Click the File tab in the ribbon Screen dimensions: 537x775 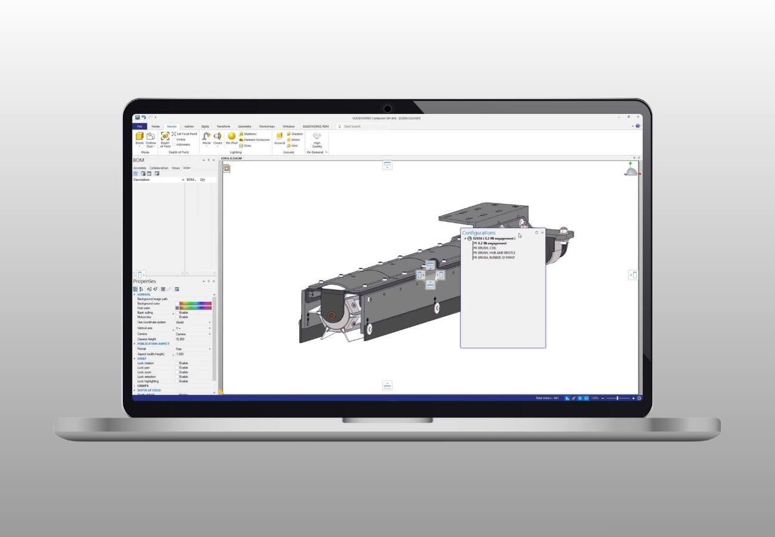coord(139,126)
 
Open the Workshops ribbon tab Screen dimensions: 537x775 coord(266,126)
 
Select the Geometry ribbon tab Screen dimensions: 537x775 coord(244,126)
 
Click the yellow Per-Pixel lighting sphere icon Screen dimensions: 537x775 coord(231,137)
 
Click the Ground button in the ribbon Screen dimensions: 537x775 coord(279,138)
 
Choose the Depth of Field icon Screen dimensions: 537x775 coord(165,138)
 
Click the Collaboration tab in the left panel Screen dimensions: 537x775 coord(159,168)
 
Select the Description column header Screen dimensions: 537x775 coord(142,180)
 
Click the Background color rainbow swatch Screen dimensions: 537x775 coord(195,303)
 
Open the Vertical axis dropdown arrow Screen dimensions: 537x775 coord(210,328)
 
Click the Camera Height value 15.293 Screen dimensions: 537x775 coord(181,339)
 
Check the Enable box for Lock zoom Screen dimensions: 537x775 coord(177,372)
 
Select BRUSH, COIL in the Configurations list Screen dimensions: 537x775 coord(487,248)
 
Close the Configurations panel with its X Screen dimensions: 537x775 coord(542,233)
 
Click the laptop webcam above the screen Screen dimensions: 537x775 coord(387,109)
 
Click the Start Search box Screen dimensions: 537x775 coord(364,126)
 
